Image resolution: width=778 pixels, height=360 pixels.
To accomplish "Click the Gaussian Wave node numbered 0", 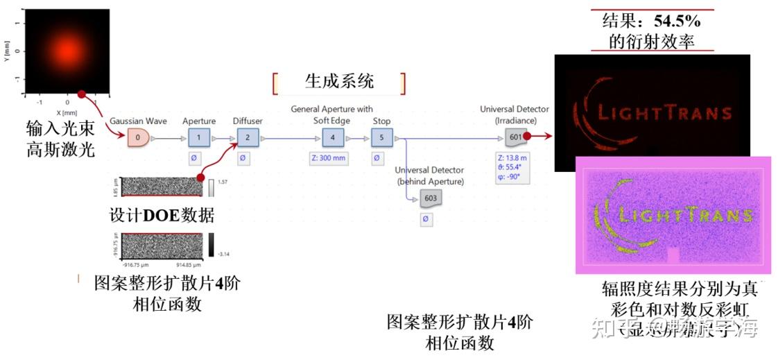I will pyautogui.click(x=138, y=138).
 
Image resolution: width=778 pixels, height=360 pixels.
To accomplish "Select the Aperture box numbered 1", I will pyautogui.click(x=200, y=137).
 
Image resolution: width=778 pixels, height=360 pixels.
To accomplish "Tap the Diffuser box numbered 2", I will pyautogui.click(x=248, y=137).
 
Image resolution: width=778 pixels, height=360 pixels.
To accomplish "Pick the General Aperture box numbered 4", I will pyautogui.click(x=332, y=137).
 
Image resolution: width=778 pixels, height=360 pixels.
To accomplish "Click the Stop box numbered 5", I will pyautogui.click(x=381, y=137).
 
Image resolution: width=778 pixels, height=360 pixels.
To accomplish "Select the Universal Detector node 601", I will pyautogui.click(x=515, y=137).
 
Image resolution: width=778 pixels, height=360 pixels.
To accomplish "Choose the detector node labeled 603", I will pyautogui.click(x=431, y=198).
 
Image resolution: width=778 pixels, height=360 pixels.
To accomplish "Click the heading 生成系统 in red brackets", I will pyautogui.click(x=339, y=81).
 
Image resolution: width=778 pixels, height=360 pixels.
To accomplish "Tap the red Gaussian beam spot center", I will pyautogui.click(x=67, y=51).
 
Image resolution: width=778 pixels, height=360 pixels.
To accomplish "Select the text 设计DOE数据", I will pyautogui.click(x=162, y=214).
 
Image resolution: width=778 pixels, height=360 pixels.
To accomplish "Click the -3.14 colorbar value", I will pyautogui.click(x=224, y=254).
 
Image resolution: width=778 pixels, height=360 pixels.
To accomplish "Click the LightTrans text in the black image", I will pyautogui.click(x=664, y=113).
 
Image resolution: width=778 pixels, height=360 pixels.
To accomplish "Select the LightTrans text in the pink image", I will pyautogui.click(x=684, y=216).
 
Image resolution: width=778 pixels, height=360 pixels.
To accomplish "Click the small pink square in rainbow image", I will pyautogui.click(x=673, y=255).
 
